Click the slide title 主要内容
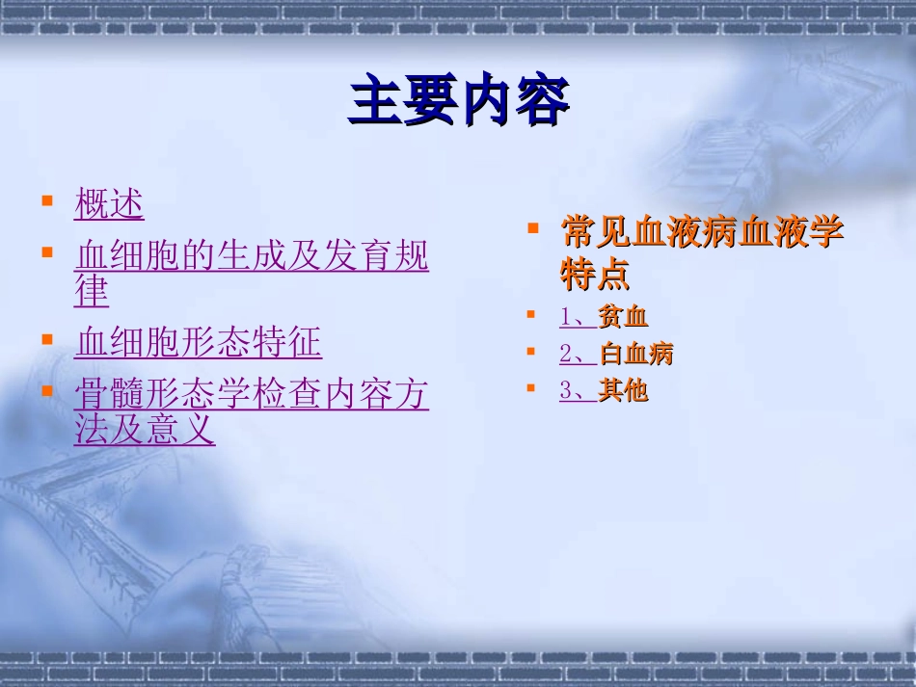[458, 102]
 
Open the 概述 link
[109, 204]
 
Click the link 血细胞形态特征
[198, 342]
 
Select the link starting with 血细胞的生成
[251, 256]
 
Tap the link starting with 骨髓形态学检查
[251, 394]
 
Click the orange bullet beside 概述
[47, 200]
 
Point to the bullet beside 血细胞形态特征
[47, 339]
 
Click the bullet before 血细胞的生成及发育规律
[47, 252]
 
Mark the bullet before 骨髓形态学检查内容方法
[47, 390]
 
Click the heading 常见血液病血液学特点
[702, 233]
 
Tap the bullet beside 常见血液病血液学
[532, 229]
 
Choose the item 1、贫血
[604, 317]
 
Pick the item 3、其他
[604, 390]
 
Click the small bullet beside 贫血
[531, 314]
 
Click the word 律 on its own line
[92, 291]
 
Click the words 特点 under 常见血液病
[595, 276]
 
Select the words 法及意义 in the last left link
[145, 430]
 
